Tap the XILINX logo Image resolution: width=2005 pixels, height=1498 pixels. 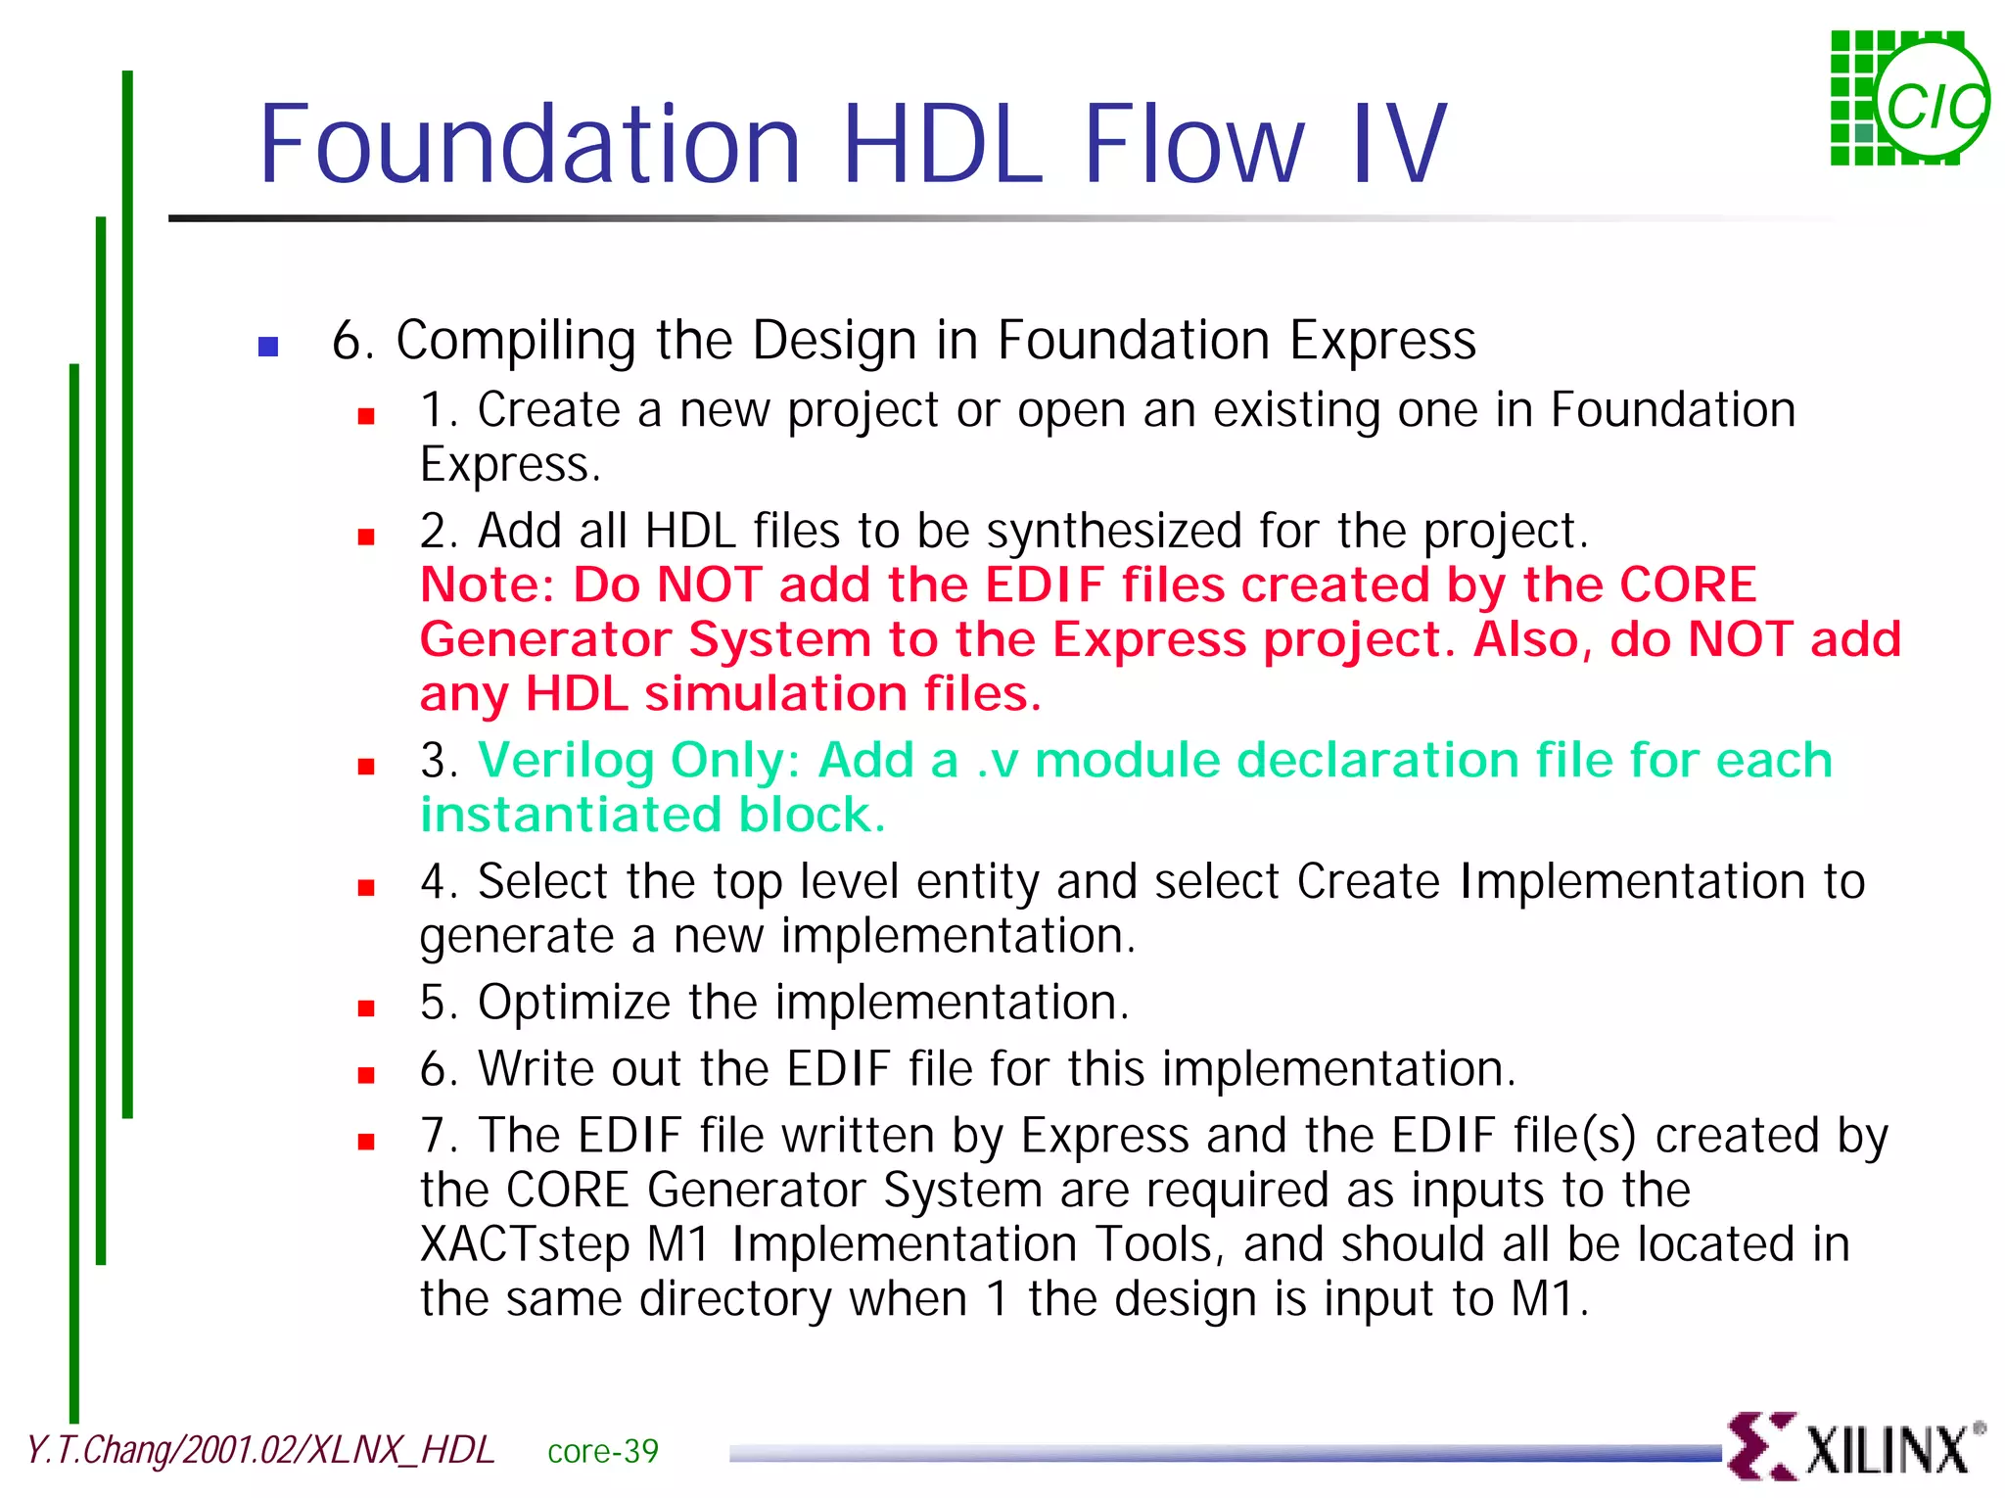tap(1855, 1446)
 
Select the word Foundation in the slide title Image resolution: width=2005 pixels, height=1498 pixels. tap(530, 145)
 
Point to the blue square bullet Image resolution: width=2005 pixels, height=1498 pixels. tap(268, 347)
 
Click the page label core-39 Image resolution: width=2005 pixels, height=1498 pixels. tap(602, 1451)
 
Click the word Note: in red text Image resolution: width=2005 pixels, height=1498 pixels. tap(487, 585)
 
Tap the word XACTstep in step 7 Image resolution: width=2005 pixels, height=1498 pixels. tap(524, 1244)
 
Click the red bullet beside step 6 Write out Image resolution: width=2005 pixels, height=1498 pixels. tap(366, 1075)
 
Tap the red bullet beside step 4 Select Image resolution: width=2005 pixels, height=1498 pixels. tap(366, 888)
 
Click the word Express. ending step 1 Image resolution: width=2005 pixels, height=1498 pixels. tap(510, 464)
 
